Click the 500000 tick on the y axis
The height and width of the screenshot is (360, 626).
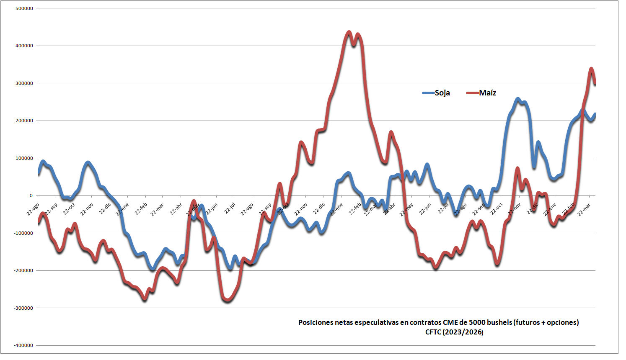pos(24,8)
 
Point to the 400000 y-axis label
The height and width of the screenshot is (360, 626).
pos(24,46)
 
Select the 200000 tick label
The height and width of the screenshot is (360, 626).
pos(24,121)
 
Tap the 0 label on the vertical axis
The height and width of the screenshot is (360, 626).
pos(31,195)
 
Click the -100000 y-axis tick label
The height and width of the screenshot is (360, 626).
pos(23,233)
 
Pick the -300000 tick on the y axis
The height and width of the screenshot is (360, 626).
pos(23,308)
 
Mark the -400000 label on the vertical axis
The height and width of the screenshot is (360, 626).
pos(23,345)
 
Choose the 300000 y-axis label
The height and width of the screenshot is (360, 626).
pos(24,83)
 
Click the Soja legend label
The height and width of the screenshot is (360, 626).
pos(442,93)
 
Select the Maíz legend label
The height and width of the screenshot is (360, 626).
pos(487,93)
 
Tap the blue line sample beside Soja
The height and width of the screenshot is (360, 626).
pos(428,93)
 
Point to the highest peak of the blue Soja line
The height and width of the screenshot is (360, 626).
pos(518,99)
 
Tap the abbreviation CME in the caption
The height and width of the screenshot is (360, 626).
pos(451,322)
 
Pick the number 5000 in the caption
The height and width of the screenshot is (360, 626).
pos(477,322)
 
